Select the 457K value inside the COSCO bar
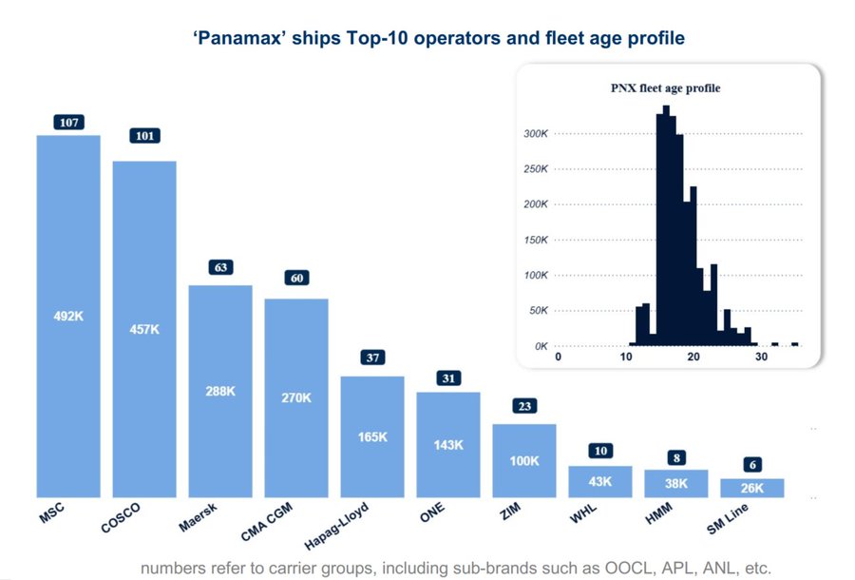pos(144,329)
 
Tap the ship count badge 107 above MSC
pos(68,122)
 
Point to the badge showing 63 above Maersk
pos(220,267)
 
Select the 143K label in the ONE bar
pos(448,444)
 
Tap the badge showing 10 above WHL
pos(600,451)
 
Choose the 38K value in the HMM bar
pos(676,482)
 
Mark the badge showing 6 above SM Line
pos(752,464)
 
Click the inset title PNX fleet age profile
pos(665,88)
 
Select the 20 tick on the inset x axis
pos(693,358)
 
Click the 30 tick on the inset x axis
pos(762,358)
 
